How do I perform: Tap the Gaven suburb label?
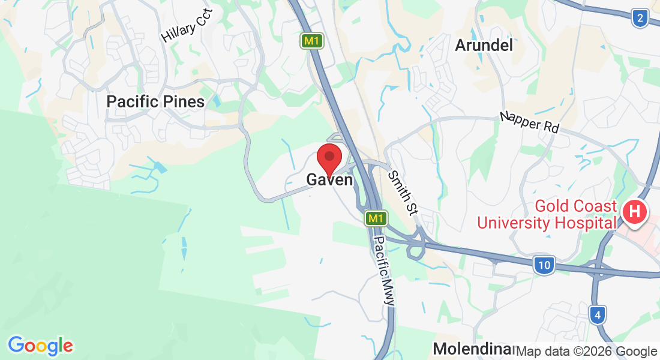click(x=329, y=179)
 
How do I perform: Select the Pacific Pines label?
click(x=155, y=101)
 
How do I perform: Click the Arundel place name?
click(x=484, y=45)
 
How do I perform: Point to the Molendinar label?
click(x=472, y=349)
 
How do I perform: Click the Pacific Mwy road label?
click(x=384, y=271)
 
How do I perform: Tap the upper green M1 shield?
click(x=310, y=41)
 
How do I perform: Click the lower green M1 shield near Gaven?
click(x=376, y=218)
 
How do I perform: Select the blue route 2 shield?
click(x=640, y=19)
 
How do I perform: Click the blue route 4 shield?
click(x=598, y=314)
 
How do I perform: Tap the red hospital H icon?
click(x=635, y=212)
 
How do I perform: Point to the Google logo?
click(x=40, y=346)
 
